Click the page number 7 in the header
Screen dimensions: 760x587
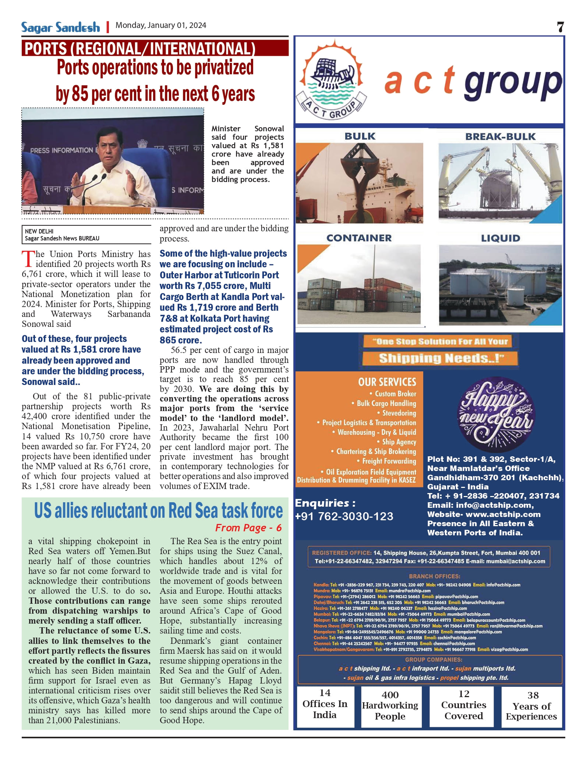[560, 27]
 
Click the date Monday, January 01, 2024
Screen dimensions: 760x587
[161, 25]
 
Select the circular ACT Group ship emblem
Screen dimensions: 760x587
[331, 79]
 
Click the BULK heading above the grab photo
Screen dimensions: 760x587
[360, 136]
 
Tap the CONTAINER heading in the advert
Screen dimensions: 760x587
[359, 238]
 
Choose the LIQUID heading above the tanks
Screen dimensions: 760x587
[501, 238]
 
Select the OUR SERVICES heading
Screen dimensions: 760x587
[387, 382]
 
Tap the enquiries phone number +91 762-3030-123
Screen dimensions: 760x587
[344, 517]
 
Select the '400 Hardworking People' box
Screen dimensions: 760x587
[390, 705]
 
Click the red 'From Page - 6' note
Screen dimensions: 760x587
[248, 528]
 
